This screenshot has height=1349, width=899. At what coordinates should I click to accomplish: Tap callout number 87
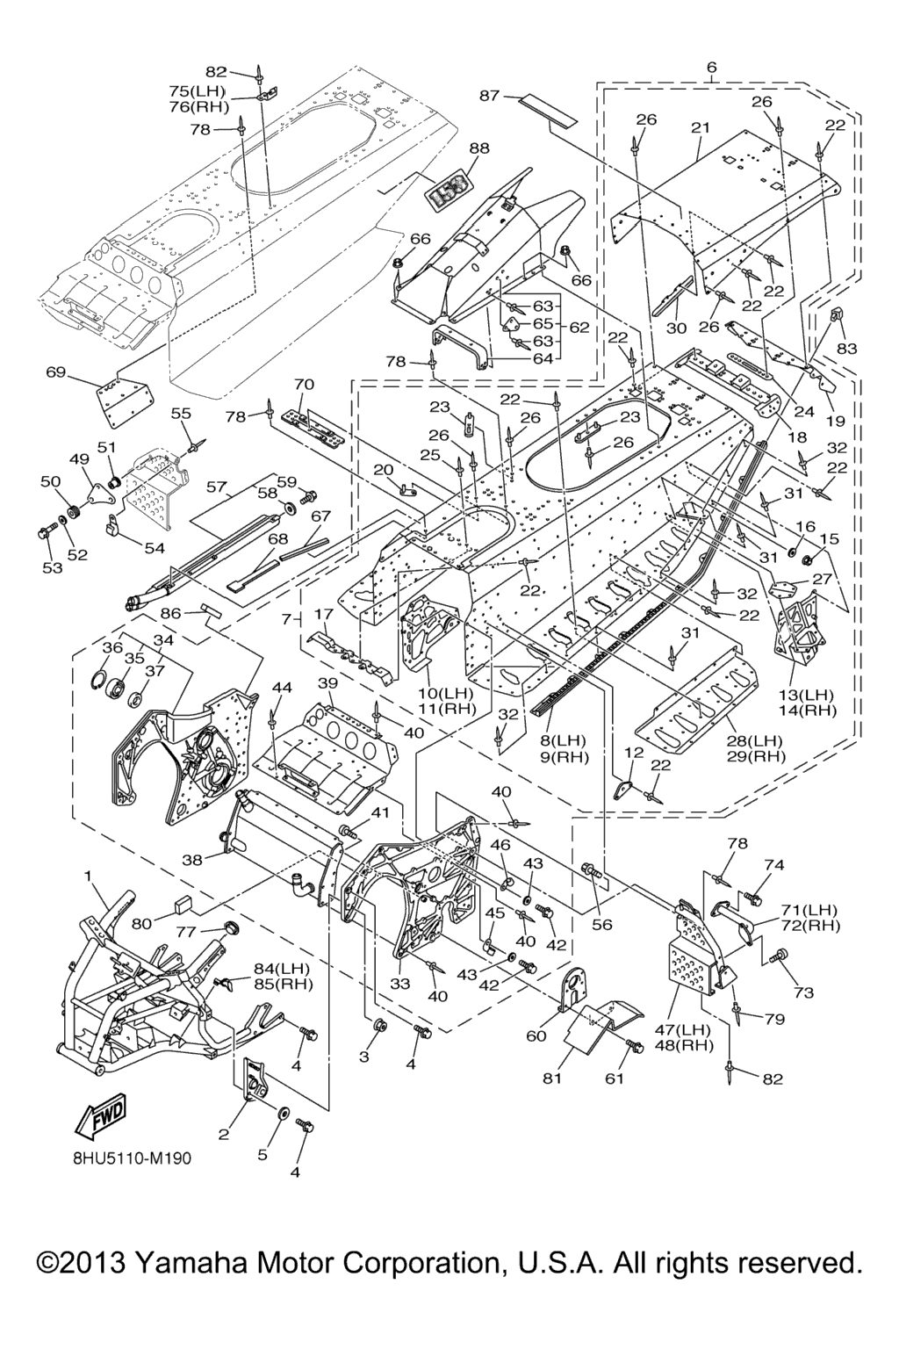490,95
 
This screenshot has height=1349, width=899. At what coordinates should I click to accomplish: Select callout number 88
479,148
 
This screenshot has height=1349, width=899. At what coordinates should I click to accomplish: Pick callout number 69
56,372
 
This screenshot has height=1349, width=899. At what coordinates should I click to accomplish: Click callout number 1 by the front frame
88,876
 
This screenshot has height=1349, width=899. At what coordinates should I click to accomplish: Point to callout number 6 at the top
711,67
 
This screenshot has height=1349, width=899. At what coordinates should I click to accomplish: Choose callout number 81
551,1078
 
